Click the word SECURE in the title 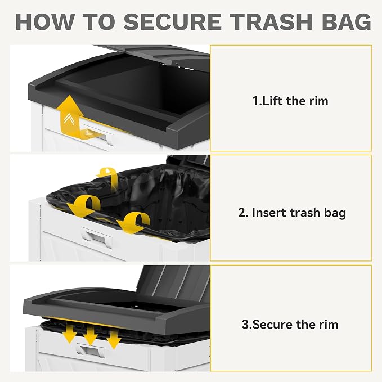(x=173, y=22)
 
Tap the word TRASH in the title (x=271, y=22)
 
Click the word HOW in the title (x=45, y=22)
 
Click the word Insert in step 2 (x=267, y=213)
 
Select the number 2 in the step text (x=242, y=213)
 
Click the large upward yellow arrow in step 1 (x=70, y=115)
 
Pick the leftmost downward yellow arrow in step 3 (x=70, y=334)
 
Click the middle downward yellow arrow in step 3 (x=91, y=336)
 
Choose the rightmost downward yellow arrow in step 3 (x=114, y=339)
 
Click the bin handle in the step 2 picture (x=97, y=237)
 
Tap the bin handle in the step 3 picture (x=90, y=350)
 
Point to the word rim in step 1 (x=319, y=101)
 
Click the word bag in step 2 (x=335, y=213)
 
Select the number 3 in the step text (x=245, y=324)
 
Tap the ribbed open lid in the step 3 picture (x=174, y=280)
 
